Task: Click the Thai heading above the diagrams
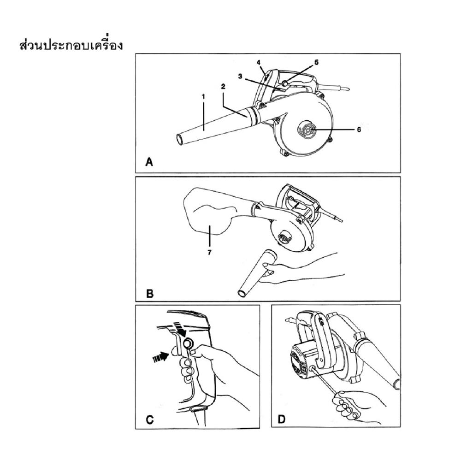(x=71, y=45)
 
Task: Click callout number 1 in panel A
(x=203, y=96)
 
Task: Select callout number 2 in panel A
(x=223, y=87)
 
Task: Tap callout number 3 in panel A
(x=241, y=76)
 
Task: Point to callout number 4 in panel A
(x=259, y=63)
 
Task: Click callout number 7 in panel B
(x=209, y=253)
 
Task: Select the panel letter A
(x=149, y=162)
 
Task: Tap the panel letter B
(x=150, y=294)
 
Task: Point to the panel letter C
(x=150, y=419)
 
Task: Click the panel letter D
(x=282, y=419)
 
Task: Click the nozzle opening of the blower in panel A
(x=180, y=139)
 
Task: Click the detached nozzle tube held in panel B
(x=255, y=272)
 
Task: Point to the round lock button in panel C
(x=187, y=343)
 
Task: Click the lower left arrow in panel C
(x=160, y=357)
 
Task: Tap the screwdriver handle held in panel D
(x=346, y=406)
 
